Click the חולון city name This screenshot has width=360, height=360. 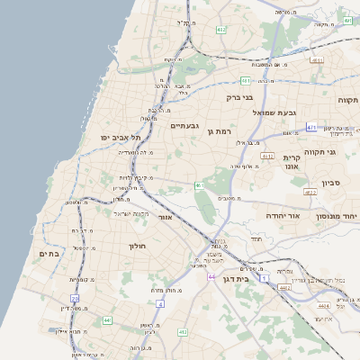(137, 246)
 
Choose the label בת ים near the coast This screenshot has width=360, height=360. (49, 255)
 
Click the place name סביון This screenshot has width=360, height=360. (330, 183)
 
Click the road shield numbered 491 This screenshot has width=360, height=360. (346, 19)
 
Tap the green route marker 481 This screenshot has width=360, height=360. (245, 81)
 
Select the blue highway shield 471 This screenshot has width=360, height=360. (311, 128)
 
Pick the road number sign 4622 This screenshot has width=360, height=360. (310, 192)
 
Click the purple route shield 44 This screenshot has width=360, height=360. (211, 277)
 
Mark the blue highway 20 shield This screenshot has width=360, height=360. (75, 298)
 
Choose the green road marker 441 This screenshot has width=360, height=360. (108, 319)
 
